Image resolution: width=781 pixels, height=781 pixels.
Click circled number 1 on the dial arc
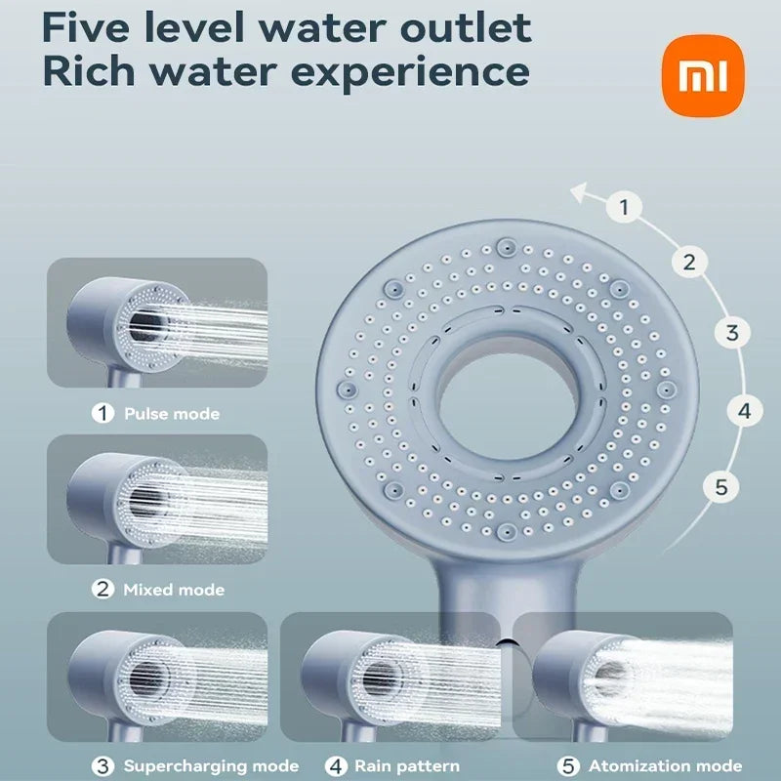[x=625, y=207]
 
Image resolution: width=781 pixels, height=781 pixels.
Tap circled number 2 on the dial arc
[x=689, y=262]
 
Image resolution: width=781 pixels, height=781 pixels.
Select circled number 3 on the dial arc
[x=732, y=332]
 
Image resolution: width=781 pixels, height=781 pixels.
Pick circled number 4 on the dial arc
[x=744, y=411]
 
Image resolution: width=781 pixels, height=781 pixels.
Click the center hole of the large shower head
[x=508, y=394]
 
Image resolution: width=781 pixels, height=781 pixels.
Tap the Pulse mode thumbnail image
[x=157, y=322]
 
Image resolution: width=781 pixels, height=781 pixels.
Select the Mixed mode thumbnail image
[x=157, y=499]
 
